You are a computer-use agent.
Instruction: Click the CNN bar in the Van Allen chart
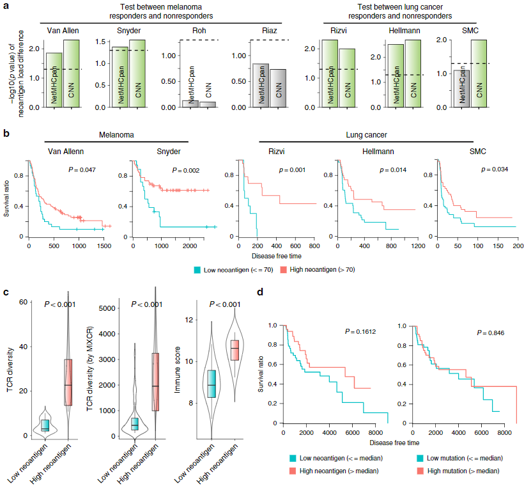click(72, 74)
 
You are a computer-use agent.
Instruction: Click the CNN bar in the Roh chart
click(207, 104)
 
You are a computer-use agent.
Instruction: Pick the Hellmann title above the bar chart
click(405, 30)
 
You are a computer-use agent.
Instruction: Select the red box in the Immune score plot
click(235, 349)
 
